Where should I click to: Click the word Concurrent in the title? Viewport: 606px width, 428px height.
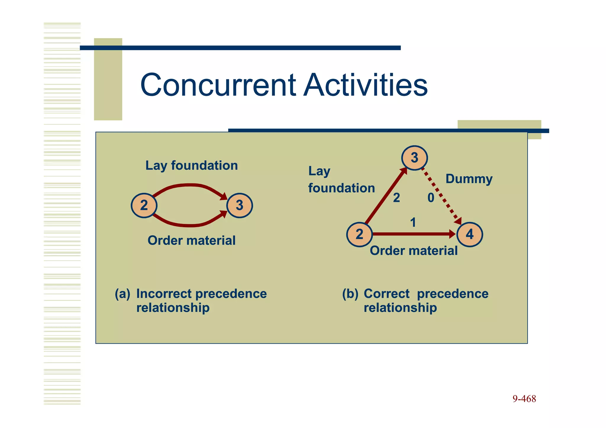(218, 85)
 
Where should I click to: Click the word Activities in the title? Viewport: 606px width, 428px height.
(366, 85)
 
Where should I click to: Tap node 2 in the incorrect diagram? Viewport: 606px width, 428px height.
(144, 206)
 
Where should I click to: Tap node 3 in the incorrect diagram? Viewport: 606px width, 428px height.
(239, 206)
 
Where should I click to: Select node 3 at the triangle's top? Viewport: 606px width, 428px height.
(414, 158)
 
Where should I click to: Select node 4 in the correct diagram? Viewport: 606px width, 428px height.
(470, 235)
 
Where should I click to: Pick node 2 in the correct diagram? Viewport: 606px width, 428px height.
(359, 235)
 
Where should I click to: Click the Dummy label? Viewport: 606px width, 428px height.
(469, 179)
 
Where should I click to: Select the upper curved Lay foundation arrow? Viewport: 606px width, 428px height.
(189, 185)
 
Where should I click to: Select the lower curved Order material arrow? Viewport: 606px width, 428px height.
(189, 225)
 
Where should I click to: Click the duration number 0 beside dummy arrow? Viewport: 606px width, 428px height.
(431, 198)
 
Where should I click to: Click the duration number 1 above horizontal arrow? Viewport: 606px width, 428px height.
(413, 222)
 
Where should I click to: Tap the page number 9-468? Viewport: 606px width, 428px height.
(524, 399)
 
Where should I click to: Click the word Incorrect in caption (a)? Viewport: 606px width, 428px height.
(164, 294)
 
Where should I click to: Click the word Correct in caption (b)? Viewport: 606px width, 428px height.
(386, 294)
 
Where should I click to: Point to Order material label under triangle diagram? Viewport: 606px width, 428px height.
(413, 251)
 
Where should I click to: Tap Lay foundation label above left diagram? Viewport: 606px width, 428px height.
(191, 166)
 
